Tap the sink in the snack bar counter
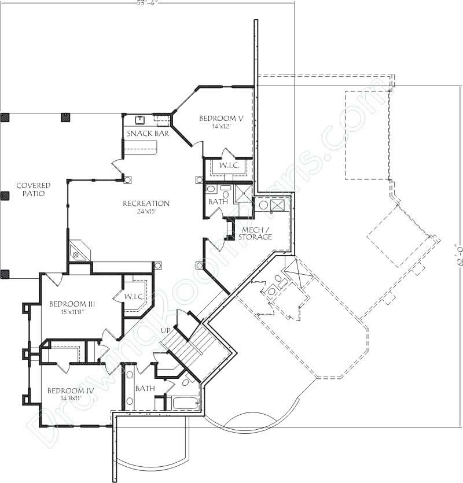click(x=139, y=120)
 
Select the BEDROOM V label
click(x=222, y=118)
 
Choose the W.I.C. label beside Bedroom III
click(x=133, y=296)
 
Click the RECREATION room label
click(x=146, y=204)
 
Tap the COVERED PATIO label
click(x=33, y=189)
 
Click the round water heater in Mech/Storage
click(x=263, y=205)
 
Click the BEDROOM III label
click(x=72, y=304)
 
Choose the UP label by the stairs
click(x=165, y=330)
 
